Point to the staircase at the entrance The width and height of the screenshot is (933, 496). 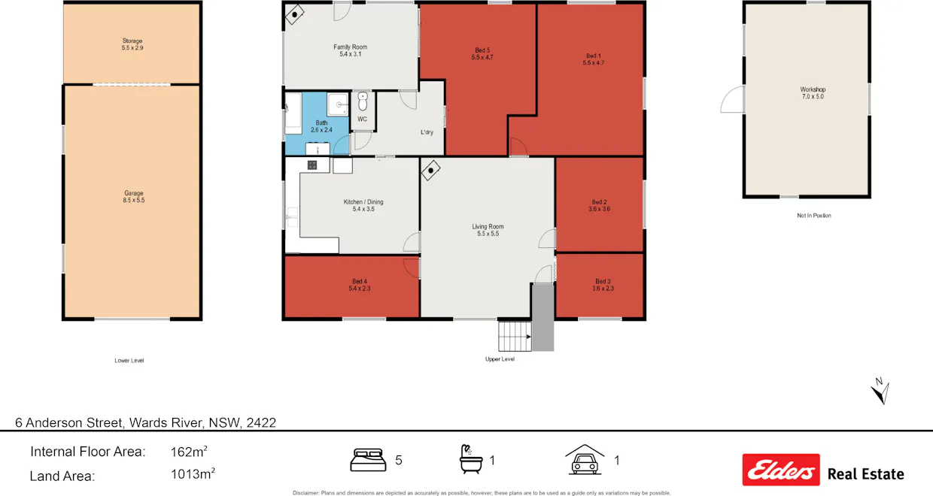tap(515, 336)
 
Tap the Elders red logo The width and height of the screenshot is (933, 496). tap(780, 470)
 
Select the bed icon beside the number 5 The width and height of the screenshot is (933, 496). tap(368, 460)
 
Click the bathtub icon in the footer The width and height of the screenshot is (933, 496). tap(470, 459)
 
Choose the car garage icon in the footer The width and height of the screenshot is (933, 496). tap(585, 459)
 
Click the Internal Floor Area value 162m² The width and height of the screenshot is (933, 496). tap(189, 452)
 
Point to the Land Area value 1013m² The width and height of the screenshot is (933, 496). tap(193, 475)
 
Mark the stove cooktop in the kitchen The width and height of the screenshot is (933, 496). tap(312, 165)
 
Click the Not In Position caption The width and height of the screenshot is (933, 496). tap(813, 216)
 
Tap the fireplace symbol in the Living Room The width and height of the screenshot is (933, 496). tap(430, 170)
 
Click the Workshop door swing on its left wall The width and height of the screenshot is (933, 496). tap(732, 101)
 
